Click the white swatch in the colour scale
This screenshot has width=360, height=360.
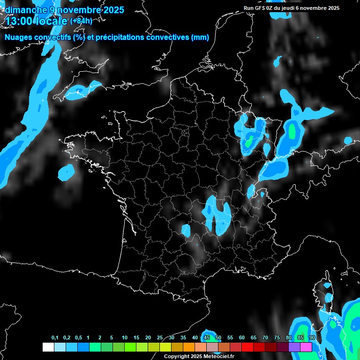coord(48,347)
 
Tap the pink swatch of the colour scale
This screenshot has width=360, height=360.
coord(306,347)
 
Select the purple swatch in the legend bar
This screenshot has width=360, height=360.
coord(294,347)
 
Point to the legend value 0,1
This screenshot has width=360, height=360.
coord(55,338)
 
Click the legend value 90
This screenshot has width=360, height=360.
coord(312,338)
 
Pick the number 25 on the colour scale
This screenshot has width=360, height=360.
coord(160,338)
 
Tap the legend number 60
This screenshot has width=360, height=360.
coord(242,338)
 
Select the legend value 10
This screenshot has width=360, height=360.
coord(125,338)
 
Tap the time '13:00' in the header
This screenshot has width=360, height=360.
coord(19,21)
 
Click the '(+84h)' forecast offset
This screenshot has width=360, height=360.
coord(81,21)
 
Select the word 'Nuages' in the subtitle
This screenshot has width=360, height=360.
coord(18,37)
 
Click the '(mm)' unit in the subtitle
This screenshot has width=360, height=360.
coord(200,37)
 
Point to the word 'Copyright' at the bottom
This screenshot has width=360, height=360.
coord(177,357)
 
